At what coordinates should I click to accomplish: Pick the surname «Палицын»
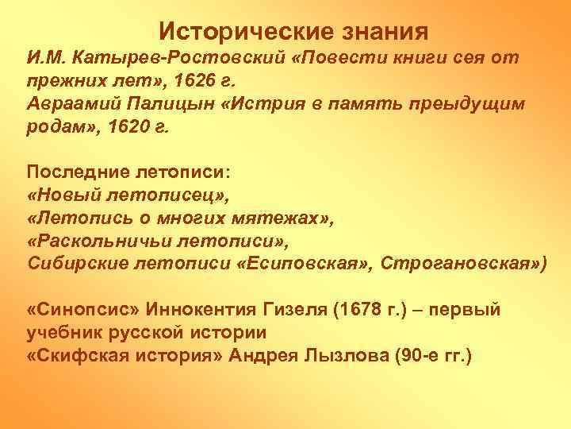[x=164, y=105]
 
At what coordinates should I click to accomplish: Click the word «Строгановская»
[x=459, y=265]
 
